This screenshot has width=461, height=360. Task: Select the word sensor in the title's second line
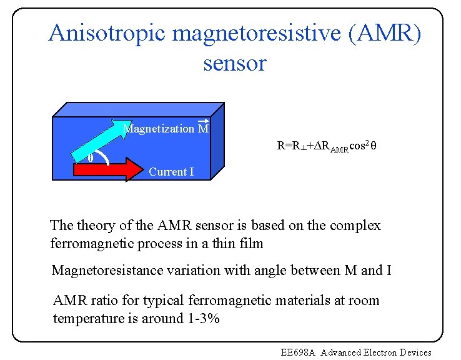pos(235,63)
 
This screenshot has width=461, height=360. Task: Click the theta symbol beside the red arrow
pos(91,159)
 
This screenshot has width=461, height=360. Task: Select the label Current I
pos(171,172)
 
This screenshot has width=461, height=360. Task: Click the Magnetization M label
pos(166,129)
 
